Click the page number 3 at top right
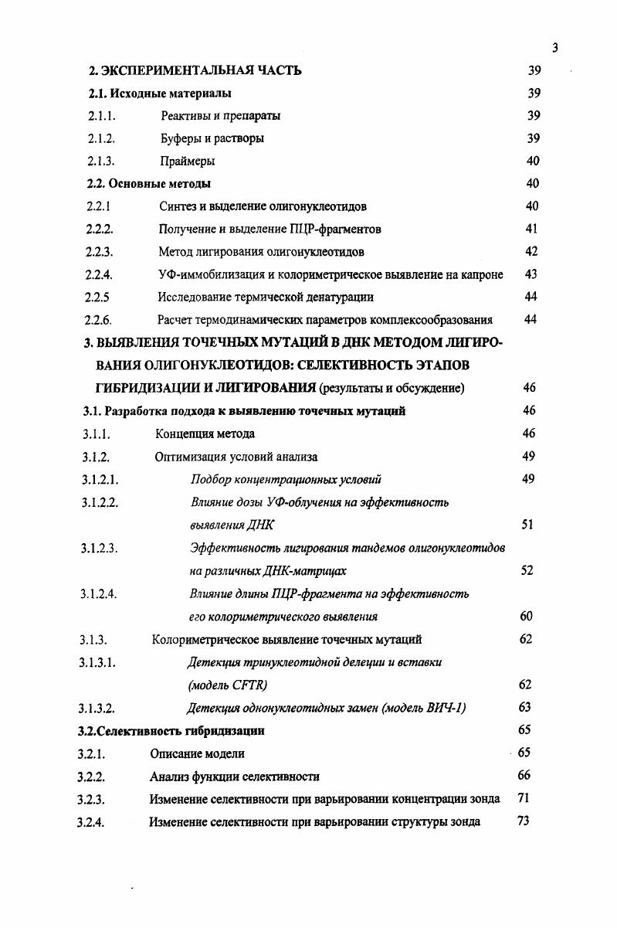coord(554,48)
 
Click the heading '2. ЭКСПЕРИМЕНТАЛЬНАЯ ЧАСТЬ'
coord(195,71)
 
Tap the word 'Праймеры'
coord(187,161)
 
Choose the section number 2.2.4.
coord(100,274)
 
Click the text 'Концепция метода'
coord(205,433)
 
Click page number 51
coord(527,525)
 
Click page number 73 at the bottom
coord(523,821)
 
